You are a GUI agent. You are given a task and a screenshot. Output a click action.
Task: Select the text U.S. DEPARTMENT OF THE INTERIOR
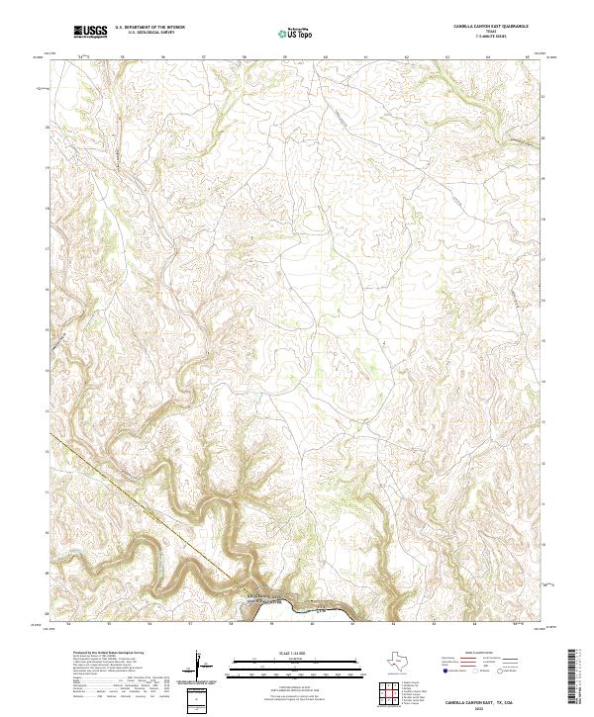click(150, 28)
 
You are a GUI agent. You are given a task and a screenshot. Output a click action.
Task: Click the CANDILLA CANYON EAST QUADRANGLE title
click(491, 28)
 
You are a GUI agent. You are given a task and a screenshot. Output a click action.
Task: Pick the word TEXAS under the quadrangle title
click(491, 33)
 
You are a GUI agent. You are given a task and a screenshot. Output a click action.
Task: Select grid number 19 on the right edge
click(544, 178)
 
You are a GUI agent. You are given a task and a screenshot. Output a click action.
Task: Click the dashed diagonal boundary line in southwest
click(148, 504)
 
